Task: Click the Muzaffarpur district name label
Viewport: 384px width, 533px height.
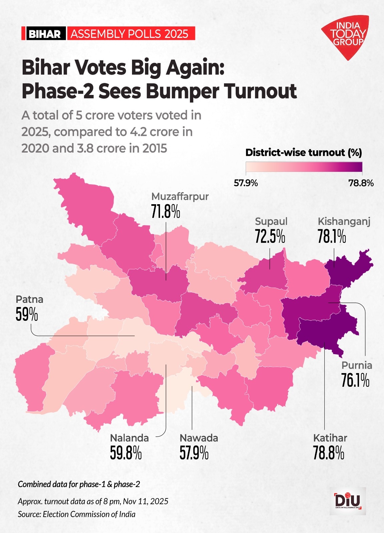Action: tap(180, 197)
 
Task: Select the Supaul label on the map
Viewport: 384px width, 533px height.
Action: tap(271, 222)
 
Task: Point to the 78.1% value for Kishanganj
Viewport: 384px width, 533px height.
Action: tap(331, 237)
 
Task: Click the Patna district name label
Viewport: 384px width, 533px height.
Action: tap(29, 299)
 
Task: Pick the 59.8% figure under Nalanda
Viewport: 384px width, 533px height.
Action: tap(126, 453)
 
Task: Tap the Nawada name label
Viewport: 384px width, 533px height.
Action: tap(199, 438)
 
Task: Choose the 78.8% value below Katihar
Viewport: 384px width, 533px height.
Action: tap(328, 453)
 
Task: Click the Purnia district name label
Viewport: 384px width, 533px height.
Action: tap(357, 365)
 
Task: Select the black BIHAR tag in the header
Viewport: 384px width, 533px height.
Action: tap(44, 34)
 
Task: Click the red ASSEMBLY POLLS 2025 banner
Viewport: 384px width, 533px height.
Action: tap(130, 34)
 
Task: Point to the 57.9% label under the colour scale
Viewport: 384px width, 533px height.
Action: tap(246, 183)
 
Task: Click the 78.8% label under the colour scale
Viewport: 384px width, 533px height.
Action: tap(361, 183)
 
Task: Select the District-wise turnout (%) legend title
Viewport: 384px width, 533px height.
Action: tap(303, 153)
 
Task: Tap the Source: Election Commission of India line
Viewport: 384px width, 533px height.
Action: tap(77, 514)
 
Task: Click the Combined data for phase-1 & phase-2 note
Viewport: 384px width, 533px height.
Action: tap(79, 484)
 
